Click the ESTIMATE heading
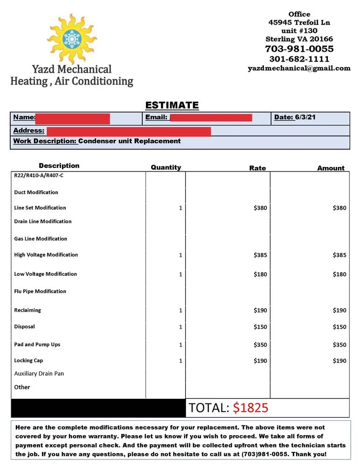172,105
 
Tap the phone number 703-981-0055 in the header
299,49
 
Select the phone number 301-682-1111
299,59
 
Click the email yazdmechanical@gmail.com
299,68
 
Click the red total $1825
250,408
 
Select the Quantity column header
166,167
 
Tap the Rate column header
257,168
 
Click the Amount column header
331,168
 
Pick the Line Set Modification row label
40,208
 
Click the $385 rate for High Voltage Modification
260,255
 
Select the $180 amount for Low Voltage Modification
339,274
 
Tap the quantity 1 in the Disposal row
180,327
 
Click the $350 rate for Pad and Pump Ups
260,345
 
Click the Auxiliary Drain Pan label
39,374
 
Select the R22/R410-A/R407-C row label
39,176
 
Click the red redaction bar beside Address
129,131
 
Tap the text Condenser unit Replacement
129,141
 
